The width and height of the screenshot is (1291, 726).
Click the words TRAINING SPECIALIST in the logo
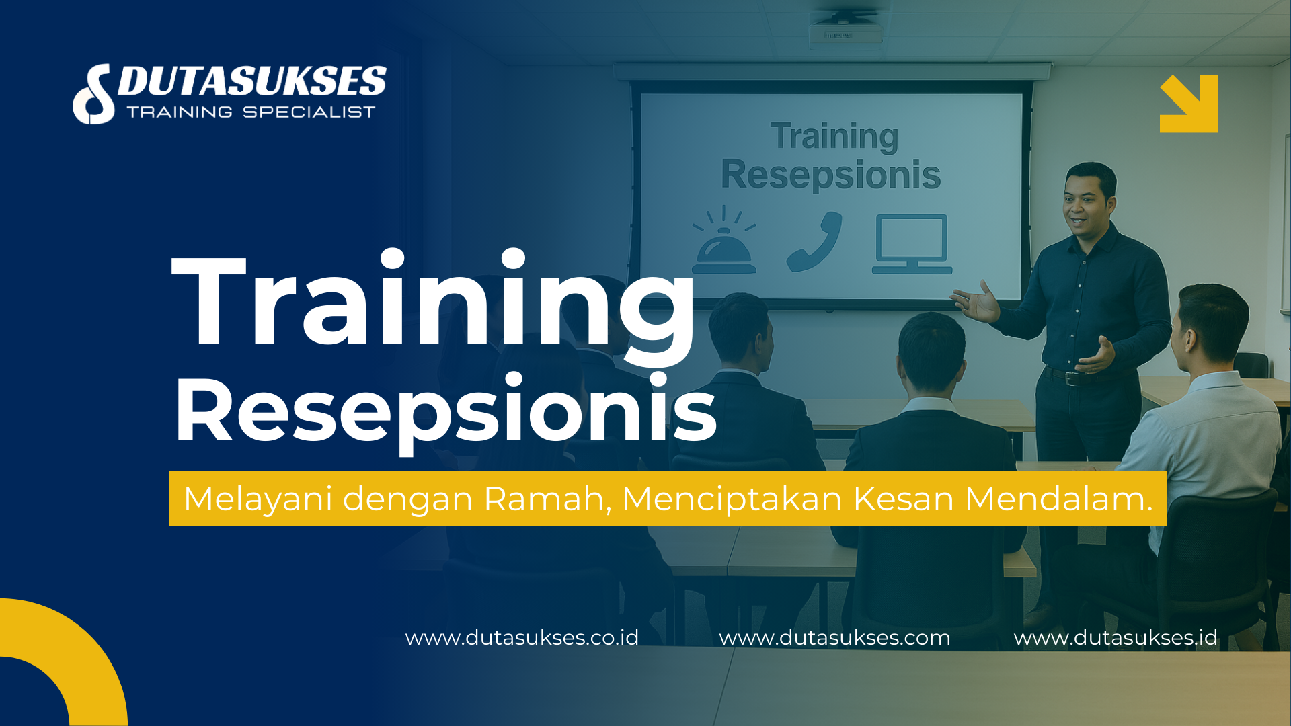(251, 112)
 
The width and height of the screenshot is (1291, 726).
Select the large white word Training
(434, 302)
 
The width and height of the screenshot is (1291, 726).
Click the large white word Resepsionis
(445, 410)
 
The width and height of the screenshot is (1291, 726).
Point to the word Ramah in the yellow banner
(547, 499)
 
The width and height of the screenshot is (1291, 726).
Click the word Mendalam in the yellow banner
(1058, 499)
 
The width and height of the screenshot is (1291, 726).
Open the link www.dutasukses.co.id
(522, 637)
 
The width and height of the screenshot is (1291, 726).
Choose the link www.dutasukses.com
(834, 637)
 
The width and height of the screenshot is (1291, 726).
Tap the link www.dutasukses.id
(1116, 637)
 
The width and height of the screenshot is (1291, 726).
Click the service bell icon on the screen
(723, 245)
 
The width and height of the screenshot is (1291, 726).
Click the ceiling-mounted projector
(845, 30)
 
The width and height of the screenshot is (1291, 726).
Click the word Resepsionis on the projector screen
(831, 175)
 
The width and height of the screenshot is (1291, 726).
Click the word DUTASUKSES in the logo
(252, 81)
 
